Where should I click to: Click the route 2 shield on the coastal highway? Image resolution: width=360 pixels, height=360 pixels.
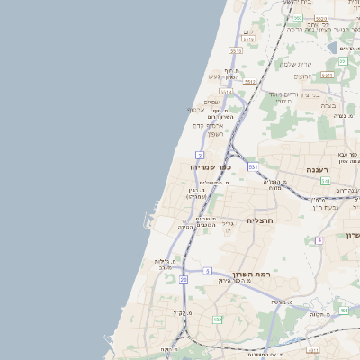tap(199, 156)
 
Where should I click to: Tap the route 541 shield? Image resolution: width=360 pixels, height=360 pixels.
tap(324, 182)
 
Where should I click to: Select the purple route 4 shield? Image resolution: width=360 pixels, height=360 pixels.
tap(319, 240)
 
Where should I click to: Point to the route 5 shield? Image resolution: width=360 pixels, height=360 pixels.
tap(207, 271)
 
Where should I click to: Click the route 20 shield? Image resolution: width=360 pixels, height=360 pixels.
tap(184, 280)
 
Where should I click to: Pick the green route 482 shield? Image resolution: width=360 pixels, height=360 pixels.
tap(217, 319)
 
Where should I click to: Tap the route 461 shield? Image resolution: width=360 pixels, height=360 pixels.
tap(344, 310)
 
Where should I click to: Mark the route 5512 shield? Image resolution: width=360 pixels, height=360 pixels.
tap(249, 82)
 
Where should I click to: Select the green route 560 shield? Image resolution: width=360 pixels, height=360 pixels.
tap(297, 18)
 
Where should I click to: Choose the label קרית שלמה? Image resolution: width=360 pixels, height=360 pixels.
tap(295, 64)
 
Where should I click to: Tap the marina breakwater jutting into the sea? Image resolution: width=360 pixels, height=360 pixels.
tap(147, 219)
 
